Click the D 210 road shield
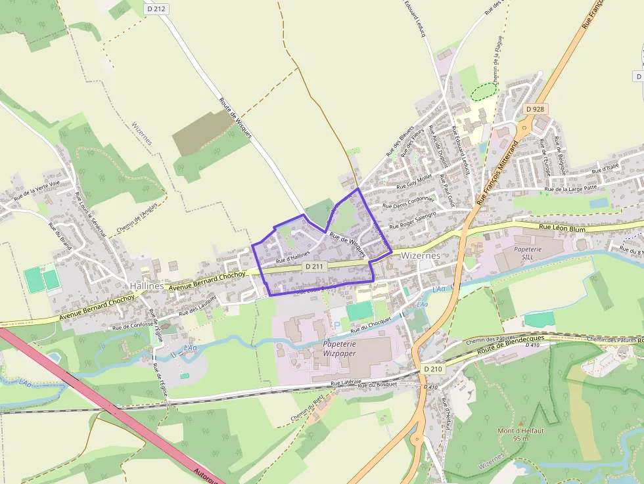pyautogui.click(x=434, y=369)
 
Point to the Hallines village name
pyautogui.click(x=146, y=286)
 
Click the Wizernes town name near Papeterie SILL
pyautogui.click(x=420, y=255)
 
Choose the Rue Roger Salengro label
pyautogui.click(x=413, y=220)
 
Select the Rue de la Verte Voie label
pyautogui.click(x=37, y=188)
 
